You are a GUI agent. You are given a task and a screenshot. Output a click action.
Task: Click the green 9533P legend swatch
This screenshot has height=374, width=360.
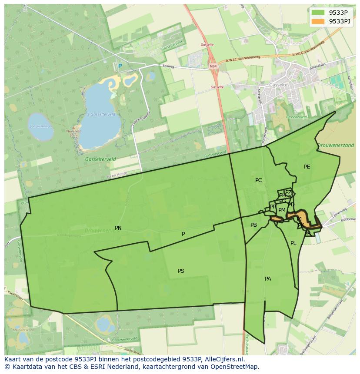[318, 13]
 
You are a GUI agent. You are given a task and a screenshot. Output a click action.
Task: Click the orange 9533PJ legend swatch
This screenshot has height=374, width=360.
[318, 21]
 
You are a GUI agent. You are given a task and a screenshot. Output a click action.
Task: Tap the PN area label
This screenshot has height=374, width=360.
[118, 228]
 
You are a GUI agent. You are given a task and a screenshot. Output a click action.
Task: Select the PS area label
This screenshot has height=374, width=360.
[181, 271]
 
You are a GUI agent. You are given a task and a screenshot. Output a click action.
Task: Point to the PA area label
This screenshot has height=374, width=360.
[268, 279]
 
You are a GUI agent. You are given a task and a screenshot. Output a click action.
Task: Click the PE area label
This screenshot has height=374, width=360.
[307, 167]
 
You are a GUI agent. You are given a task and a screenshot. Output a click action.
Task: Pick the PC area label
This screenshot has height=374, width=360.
[259, 180]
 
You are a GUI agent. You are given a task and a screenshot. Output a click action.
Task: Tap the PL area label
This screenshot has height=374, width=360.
[293, 243]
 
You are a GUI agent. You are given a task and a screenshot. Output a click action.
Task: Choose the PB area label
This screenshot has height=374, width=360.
[254, 225]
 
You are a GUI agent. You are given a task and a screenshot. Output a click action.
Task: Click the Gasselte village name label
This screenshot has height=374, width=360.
[278, 85]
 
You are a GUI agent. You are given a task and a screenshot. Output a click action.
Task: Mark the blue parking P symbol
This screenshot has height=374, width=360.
[120, 66]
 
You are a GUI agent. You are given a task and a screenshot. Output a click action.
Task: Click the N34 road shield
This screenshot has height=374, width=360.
[213, 66]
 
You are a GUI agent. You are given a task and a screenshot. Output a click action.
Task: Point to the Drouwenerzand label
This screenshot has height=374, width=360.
[336, 146]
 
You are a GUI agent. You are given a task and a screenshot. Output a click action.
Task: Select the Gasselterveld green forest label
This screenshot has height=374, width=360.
[100, 159]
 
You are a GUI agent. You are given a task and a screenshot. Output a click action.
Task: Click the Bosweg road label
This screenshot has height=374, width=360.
[168, 67]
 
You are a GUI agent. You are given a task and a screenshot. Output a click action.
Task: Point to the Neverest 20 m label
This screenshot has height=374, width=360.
[71, 132]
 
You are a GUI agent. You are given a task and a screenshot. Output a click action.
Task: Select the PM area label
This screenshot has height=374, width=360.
[282, 210]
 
